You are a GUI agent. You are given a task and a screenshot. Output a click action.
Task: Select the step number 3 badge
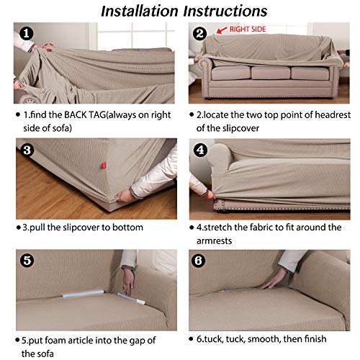26,150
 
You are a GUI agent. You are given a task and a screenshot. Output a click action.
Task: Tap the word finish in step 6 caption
312,338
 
